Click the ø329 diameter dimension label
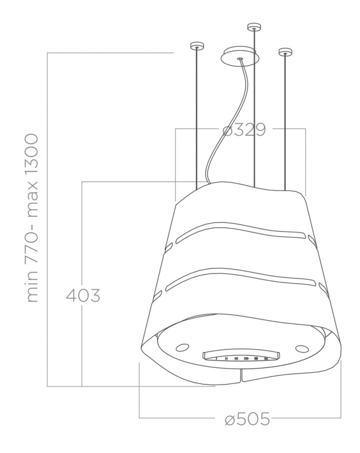click(x=244, y=130)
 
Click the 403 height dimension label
click(x=83, y=296)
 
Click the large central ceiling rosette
click(x=240, y=57)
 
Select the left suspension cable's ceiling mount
click(x=197, y=46)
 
